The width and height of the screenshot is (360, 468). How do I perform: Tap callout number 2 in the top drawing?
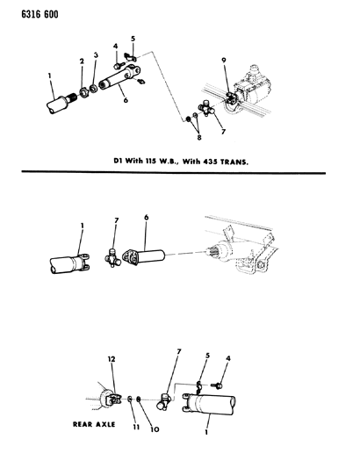click(x=82, y=62)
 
